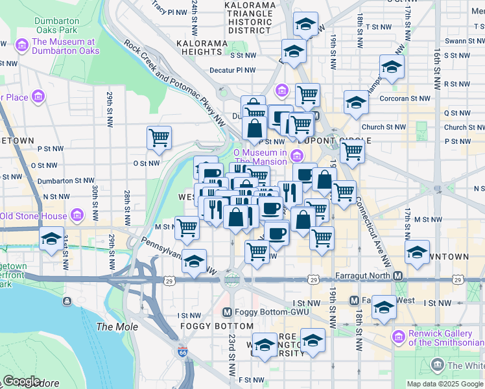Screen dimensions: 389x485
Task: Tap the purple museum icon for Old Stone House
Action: tap(77, 215)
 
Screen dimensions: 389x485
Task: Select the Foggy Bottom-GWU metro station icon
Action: tap(226, 312)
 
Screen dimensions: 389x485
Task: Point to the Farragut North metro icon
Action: tap(398, 276)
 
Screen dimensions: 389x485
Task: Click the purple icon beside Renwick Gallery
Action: tap(399, 336)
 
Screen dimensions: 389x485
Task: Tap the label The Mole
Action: tap(117, 327)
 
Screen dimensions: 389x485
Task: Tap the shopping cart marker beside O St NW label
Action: tap(159, 137)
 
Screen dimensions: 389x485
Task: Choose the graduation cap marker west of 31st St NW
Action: tap(51, 238)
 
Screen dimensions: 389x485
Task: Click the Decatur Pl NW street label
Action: tap(233, 71)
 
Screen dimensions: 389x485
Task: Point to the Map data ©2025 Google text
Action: tap(445, 384)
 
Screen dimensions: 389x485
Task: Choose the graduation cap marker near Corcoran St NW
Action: tap(355, 103)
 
